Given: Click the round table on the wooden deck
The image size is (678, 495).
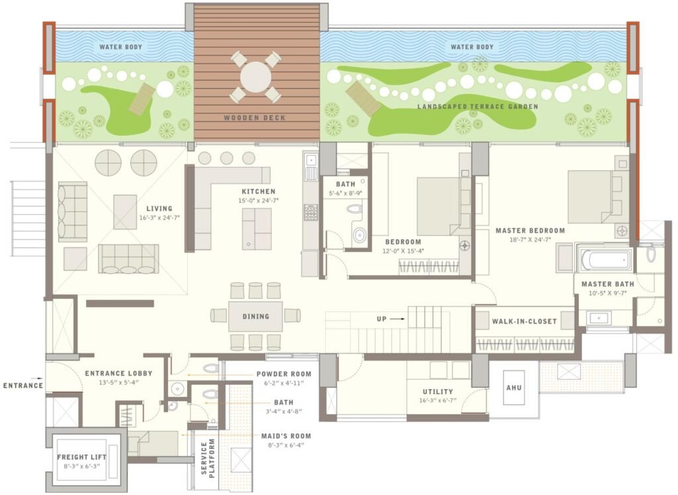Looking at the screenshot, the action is (256, 77).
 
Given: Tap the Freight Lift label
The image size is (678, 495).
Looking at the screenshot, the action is (81, 457).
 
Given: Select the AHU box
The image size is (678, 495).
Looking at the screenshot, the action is (514, 388).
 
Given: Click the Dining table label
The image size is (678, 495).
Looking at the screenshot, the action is (256, 316).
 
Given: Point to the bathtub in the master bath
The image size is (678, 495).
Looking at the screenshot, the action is (604, 260).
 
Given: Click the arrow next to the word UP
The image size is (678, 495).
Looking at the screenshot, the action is (397, 319).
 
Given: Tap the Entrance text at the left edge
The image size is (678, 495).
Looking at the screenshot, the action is (23, 385).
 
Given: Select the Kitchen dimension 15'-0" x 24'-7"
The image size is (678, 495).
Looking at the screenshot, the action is (259, 200).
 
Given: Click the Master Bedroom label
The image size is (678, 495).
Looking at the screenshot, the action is (530, 231).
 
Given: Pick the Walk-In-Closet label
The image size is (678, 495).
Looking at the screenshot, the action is (524, 321).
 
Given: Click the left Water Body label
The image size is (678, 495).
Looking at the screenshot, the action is (121, 47).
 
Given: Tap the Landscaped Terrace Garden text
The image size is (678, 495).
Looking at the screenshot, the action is (478, 107).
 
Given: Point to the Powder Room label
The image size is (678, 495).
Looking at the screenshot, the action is (283, 374).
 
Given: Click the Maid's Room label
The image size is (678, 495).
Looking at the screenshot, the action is (286, 436).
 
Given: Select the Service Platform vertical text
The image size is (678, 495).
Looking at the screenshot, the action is (208, 459).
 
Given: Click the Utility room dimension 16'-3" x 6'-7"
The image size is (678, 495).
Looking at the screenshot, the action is (438, 400).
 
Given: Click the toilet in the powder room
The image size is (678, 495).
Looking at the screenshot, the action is (210, 369).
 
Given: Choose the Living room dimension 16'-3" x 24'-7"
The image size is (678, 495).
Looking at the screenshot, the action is (159, 217).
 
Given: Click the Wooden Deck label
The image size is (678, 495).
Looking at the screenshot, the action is (255, 118).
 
